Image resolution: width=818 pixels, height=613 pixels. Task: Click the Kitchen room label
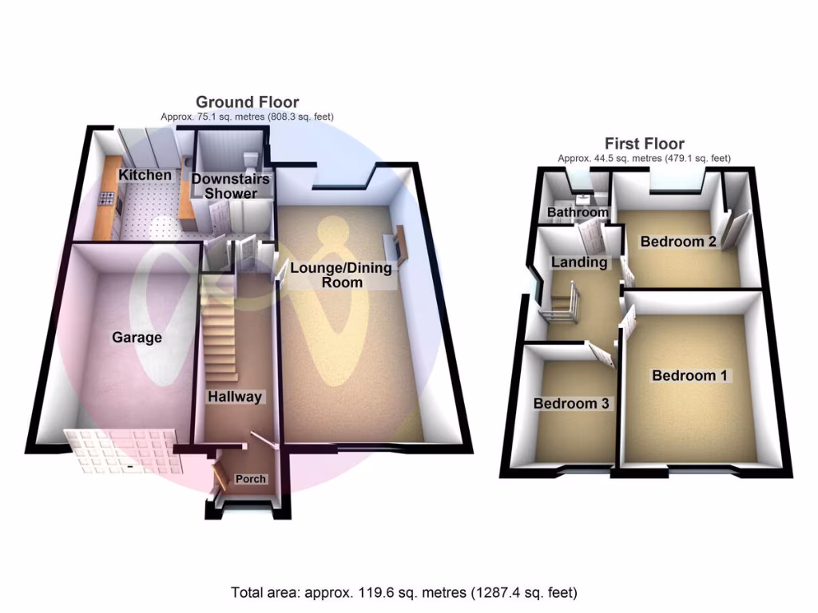coord(145,175)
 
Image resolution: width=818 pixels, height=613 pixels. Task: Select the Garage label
coord(137,338)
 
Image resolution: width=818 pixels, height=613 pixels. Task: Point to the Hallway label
coord(235,397)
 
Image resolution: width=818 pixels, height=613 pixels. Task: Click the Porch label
coord(250,479)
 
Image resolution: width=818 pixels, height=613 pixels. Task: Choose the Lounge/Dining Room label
coord(341,275)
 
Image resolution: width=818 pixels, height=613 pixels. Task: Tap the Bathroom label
coord(578,213)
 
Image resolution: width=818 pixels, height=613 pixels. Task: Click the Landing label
coord(579,262)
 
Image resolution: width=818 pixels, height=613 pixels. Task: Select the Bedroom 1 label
coord(689,375)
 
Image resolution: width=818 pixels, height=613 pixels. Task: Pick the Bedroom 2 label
coord(677,241)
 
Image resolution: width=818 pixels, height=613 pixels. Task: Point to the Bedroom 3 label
coord(571,404)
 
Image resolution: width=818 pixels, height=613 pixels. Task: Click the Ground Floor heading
coord(248,102)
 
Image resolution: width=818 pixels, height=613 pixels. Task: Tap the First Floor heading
coord(644,144)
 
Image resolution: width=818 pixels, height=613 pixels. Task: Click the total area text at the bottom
coord(404,593)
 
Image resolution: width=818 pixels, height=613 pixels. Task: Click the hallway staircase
coord(220,335)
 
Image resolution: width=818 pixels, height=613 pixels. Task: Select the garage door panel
coord(120,451)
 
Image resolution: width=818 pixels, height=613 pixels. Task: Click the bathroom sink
coord(583,196)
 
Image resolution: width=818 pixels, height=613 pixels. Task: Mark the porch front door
coord(216,477)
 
